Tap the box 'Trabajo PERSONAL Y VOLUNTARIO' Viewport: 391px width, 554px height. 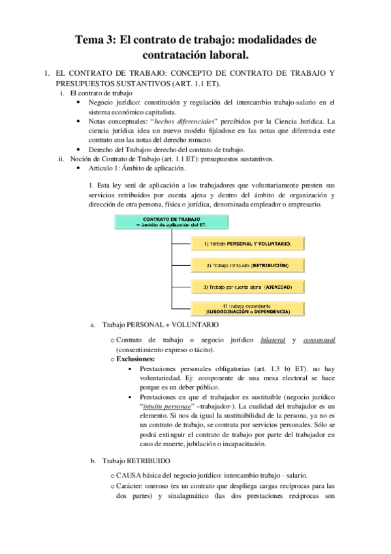click(242, 244)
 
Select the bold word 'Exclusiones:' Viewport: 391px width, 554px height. click(136, 359)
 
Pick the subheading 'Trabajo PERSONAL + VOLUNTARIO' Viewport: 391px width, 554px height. click(161, 324)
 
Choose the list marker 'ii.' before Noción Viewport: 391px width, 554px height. click(60, 159)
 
